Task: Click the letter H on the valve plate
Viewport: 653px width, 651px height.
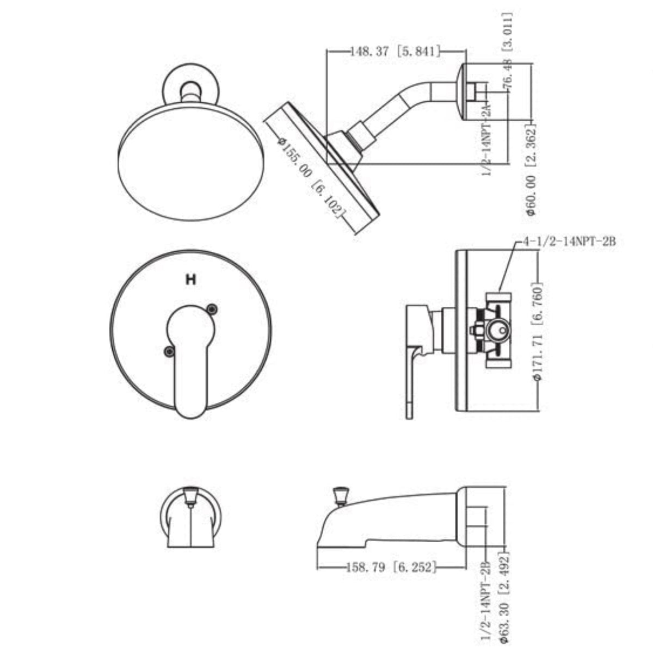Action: coord(190,281)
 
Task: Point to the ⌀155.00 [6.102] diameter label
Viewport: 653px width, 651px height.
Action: coord(311,177)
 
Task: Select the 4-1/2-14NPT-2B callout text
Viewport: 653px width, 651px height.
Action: coord(569,241)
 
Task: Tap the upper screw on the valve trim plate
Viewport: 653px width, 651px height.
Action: coord(212,309)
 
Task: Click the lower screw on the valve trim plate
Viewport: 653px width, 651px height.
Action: coord(169,352)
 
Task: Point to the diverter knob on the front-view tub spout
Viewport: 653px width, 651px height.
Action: coord(190,495)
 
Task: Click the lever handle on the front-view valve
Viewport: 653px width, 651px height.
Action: coord(190,359)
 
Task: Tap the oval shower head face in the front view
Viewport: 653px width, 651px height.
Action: coord(190,163)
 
